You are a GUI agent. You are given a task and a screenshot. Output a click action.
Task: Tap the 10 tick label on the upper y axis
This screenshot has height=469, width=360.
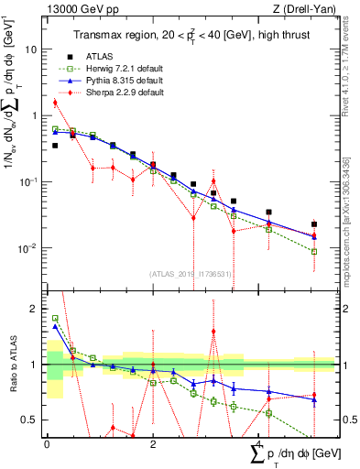[x=31, y=49]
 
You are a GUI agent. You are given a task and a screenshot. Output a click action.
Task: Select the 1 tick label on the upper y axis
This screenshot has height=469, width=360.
[x=34, y=115]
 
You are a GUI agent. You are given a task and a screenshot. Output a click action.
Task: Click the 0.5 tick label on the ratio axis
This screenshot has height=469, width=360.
[x=30, y=420]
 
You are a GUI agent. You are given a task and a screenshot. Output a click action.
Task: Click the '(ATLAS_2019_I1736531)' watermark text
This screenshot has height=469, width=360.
[x=191, y=274]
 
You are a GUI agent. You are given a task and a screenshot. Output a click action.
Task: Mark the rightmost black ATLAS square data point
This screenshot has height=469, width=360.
[x=314, y=224]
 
